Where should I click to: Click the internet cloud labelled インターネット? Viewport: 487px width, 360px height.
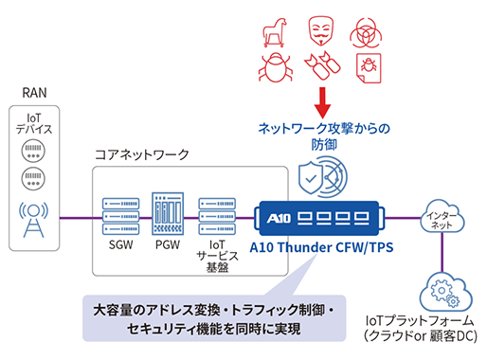[x=442, y=217]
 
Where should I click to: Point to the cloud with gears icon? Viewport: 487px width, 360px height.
[x=442, y=289]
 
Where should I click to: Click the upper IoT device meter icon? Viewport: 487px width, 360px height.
[x=33, y=152]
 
